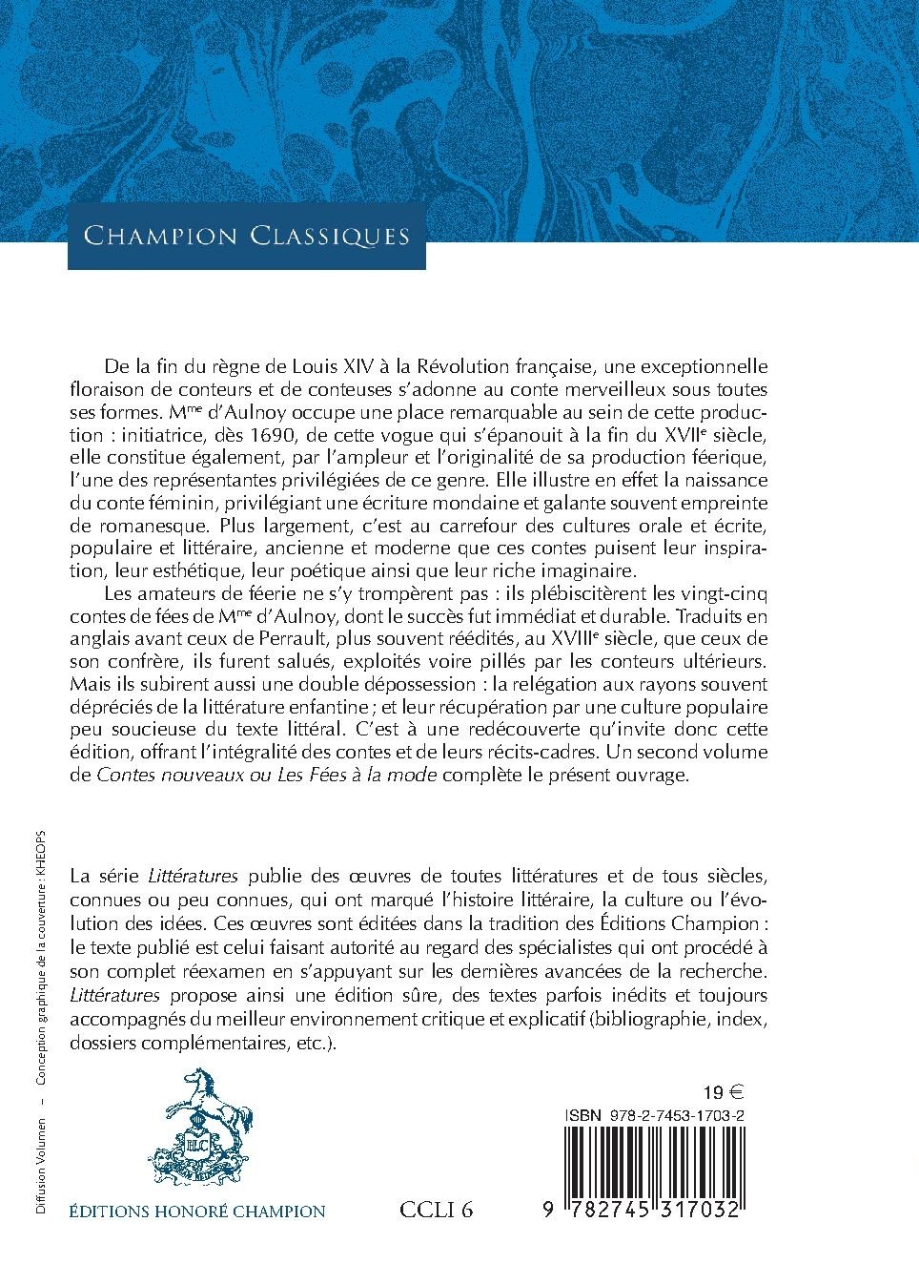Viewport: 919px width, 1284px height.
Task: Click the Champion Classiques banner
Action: (246, 236)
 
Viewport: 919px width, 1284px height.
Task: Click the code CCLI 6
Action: (437, 1212)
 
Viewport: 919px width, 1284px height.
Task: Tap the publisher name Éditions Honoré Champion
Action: (197, 1212)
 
